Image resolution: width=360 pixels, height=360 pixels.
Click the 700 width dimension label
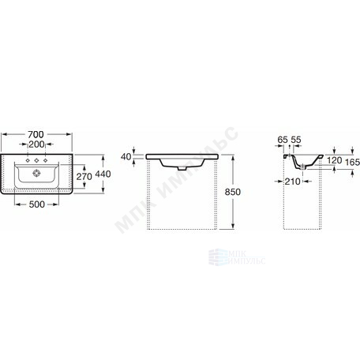click(36, 134)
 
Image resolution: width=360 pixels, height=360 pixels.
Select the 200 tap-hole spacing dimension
click(36, 144)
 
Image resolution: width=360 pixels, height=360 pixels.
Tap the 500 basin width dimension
click(36, 204)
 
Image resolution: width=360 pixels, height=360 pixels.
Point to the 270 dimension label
click(84, 176)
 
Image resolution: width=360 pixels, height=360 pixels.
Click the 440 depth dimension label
click(103, 174)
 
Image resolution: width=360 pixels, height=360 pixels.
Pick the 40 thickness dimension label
click(126, 156)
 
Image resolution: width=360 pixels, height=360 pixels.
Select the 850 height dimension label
click(233, 192)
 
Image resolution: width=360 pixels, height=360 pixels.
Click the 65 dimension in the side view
click(283, 140)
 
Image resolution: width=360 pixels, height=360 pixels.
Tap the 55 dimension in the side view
click(296, 140)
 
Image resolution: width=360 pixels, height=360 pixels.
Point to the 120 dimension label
click(334, 160)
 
